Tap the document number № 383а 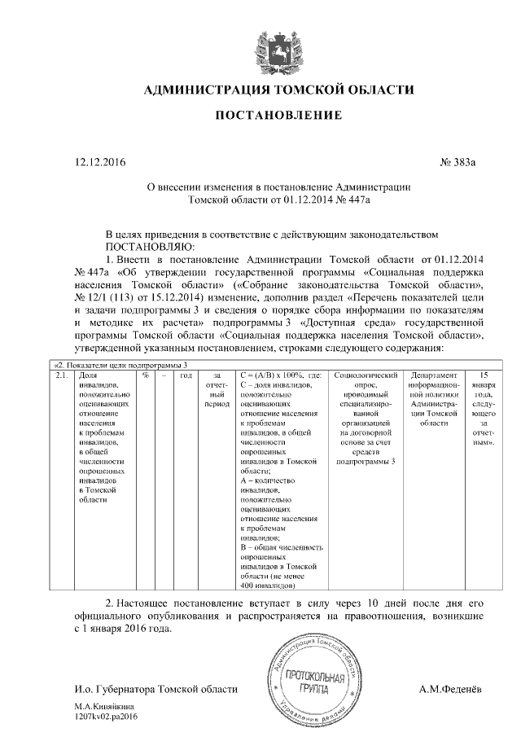tap(458, 164)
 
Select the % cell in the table tap(144, 376)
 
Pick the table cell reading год tap(185, 376)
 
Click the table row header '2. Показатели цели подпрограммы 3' tap(121, 365)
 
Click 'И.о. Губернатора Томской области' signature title tap(155, 689)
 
